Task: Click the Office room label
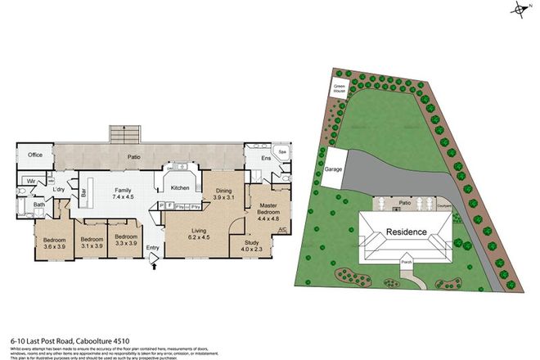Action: point(35,155)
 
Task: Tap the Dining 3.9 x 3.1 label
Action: point(223,194)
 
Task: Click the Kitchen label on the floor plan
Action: point(180,188)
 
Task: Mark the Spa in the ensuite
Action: point(282,152)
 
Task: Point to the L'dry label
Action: point(59,190)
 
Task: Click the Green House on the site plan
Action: point(340,88)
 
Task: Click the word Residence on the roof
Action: point(407,232)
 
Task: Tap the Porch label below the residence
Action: point(406,263)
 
